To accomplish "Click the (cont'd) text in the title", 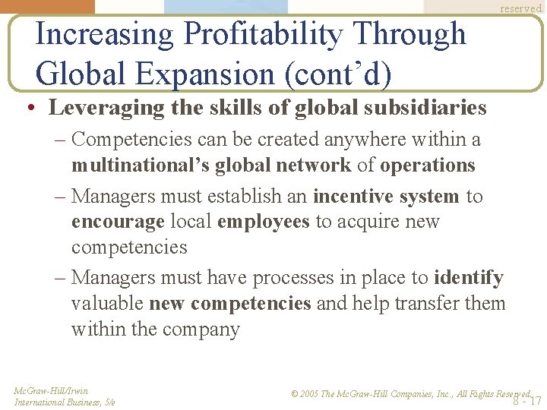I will tap(340, 74).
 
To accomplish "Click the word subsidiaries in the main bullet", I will tap(425, 108).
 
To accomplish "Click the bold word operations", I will tap(428, 165).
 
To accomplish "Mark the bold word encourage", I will tap(118, 222).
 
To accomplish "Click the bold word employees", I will tap(264, 222).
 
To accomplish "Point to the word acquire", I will tap(365, 222).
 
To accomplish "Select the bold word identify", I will tap(469, 278).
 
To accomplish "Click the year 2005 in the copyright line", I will tap(310, 394).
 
